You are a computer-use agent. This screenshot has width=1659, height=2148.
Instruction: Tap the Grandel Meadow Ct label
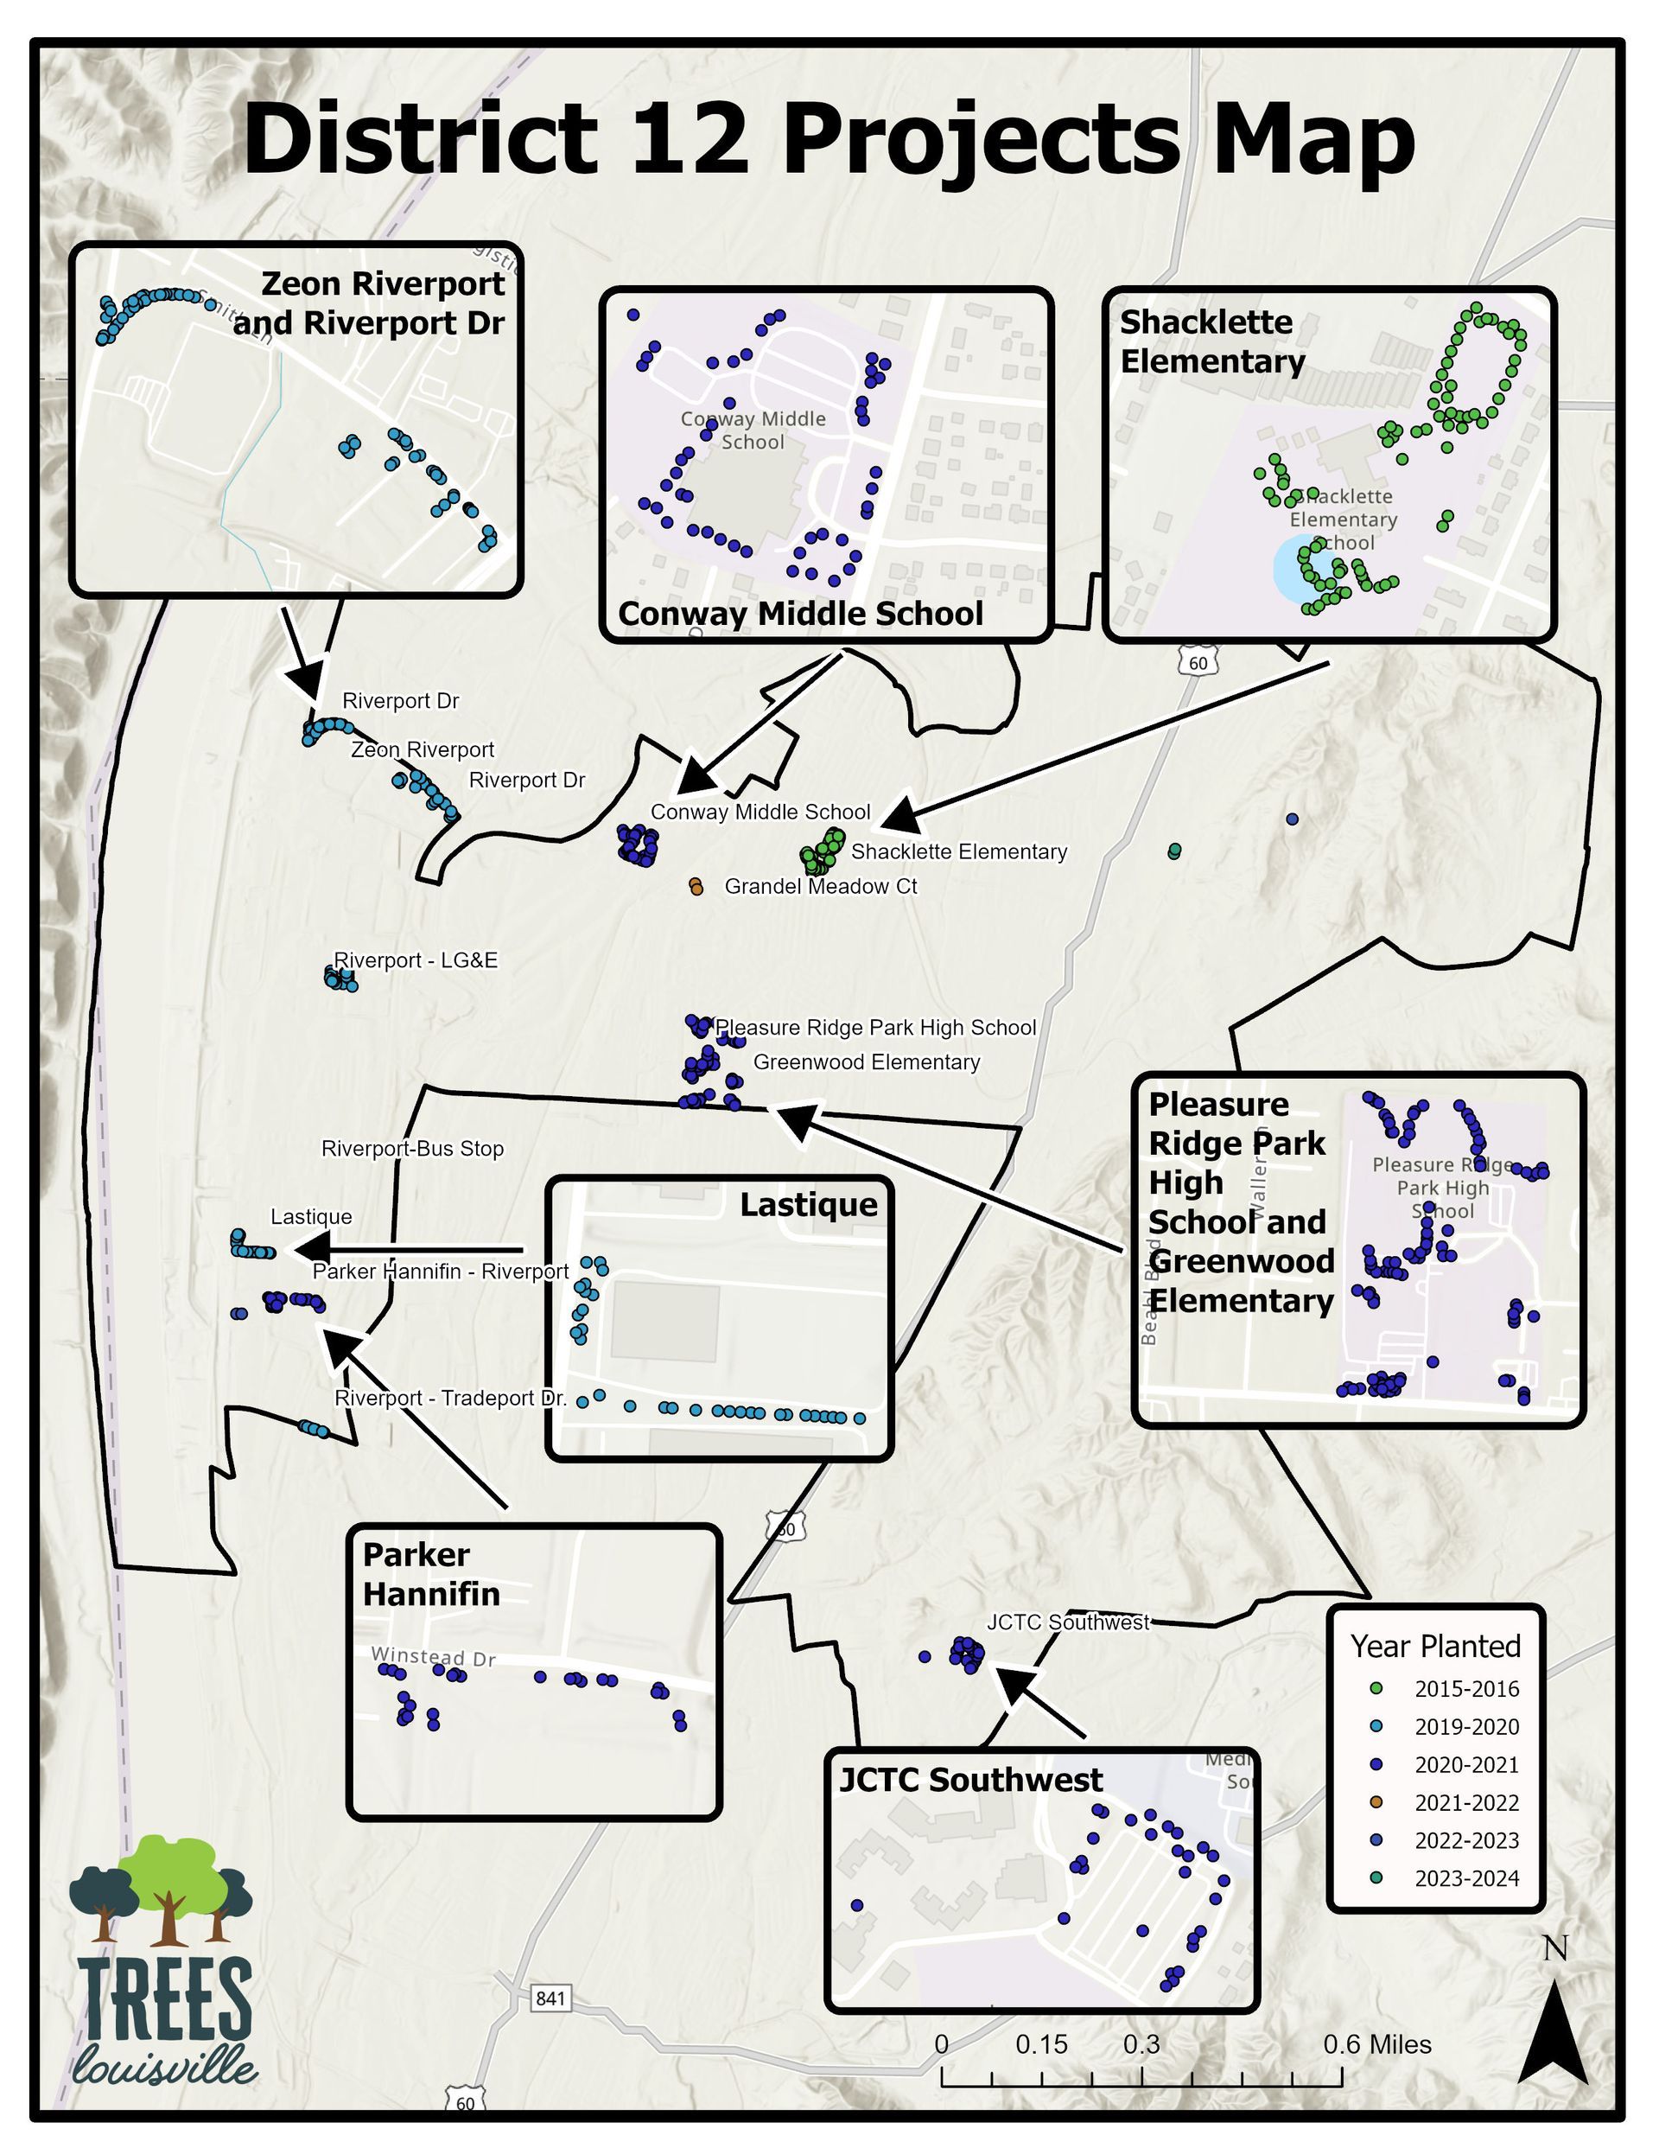[820, 886]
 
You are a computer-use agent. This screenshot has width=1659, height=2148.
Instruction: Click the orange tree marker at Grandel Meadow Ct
[696, 887]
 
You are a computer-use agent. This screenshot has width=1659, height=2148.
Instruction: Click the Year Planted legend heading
[1435, 1647]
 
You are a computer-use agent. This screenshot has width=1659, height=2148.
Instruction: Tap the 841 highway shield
[550, 1998]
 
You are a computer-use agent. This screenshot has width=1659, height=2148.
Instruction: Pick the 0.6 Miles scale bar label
[1376, 2045]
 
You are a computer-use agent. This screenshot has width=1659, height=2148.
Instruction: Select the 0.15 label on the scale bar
[1041, 2045]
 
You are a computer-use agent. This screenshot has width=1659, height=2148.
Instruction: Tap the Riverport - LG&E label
[415, 960]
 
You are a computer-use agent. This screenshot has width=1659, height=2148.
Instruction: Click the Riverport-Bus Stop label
[412, 1149]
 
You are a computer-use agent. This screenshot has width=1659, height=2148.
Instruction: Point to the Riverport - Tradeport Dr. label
[450, 1398]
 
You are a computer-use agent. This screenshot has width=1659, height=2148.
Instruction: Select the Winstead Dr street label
[433, 1656]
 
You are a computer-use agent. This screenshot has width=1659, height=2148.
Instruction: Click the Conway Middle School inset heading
[800, 614]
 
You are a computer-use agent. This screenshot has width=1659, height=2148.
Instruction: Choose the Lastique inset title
[809, 1205]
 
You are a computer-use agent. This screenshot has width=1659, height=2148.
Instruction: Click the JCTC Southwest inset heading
[970, 1779]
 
